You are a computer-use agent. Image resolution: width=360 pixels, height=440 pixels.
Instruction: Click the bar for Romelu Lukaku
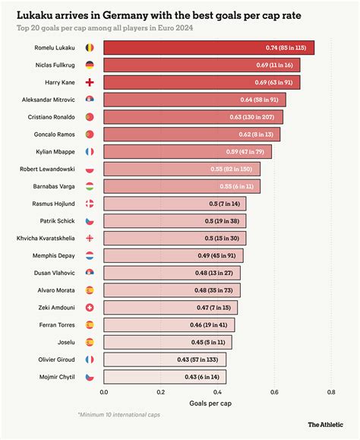point(208,48)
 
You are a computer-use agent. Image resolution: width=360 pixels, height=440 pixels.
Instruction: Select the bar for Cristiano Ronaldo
point(193,117)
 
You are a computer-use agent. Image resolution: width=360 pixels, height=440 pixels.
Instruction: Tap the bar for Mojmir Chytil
point(164,376)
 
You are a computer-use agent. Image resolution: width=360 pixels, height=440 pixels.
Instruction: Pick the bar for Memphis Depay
point(173,255)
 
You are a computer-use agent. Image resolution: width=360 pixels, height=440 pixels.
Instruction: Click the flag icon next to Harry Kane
point(90,82)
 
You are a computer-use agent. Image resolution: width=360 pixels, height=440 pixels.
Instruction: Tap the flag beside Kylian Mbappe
point(90,151)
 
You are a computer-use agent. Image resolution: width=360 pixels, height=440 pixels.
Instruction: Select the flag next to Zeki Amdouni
point(90,307)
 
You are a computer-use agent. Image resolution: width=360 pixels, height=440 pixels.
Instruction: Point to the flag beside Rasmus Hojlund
point(90,204)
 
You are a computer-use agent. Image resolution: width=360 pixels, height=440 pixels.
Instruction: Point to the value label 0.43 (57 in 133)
point(199,359)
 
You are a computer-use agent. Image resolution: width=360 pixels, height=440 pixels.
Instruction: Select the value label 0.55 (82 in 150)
point(232,169)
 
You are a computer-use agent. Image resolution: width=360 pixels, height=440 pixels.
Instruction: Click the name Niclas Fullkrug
point(55,65)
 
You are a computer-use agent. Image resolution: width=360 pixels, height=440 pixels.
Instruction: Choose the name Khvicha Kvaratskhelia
point(46,238)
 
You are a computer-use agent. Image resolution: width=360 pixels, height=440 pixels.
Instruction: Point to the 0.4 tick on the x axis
point(217,392)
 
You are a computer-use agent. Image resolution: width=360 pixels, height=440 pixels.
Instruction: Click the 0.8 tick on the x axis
point(331,392)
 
